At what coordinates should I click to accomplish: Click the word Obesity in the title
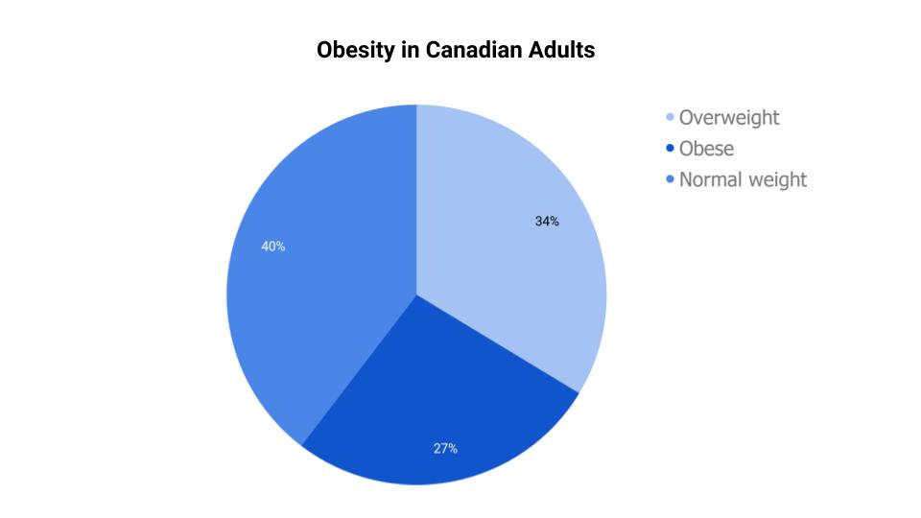[x=351, y=50]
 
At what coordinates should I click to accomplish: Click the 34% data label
[x=547, y=222]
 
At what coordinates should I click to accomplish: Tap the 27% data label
[x=445, y=448]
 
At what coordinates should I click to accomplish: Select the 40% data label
[x=273, y=247]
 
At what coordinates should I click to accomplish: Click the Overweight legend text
[x=729, y=117]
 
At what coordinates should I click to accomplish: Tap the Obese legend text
[x=706, y=149]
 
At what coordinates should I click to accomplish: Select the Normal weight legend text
[x=743, y=179]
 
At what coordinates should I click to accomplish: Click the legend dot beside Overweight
[x=670, y=117]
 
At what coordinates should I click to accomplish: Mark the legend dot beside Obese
[x=670, y=149]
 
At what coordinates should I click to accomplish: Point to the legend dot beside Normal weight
[x=670, y=179]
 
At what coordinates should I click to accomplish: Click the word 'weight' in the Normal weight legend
[x=776, y=179]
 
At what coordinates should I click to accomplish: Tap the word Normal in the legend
[x=709, y=179]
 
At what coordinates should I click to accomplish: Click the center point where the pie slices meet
[x=416, y=294]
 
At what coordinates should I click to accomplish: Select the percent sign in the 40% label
[x=280, y=247]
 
